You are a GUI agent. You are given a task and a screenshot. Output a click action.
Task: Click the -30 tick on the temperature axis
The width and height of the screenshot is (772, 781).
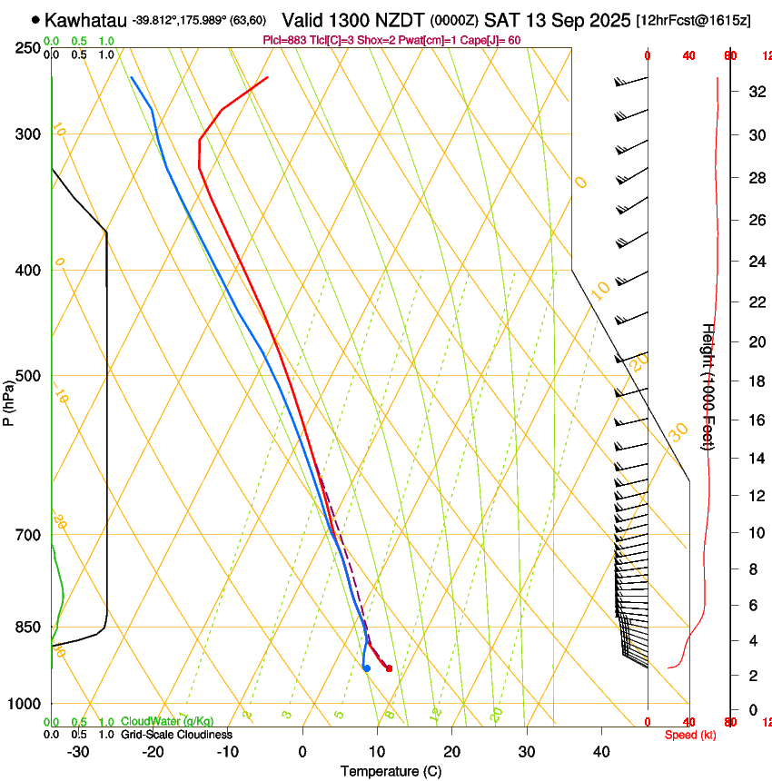(78, 751)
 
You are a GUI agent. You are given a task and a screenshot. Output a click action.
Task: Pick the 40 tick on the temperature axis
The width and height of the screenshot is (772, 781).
(601, 751)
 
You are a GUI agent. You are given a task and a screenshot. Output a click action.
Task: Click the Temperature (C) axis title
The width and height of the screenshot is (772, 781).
(391, 771)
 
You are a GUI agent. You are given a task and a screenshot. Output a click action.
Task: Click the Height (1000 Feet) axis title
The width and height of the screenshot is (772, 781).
(708, 386)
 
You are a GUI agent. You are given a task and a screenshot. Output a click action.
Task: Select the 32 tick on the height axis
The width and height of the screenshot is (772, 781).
(755, 92)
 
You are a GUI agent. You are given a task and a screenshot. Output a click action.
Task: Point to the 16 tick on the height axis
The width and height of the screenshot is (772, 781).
(755, 420)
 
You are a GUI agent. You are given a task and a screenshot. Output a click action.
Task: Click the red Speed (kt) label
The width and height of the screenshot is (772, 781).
(689, 735)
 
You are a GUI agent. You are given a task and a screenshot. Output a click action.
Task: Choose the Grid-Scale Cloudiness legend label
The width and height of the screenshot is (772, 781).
(176, 734)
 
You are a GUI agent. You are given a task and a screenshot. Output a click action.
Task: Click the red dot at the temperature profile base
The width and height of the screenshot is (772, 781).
(389, 668)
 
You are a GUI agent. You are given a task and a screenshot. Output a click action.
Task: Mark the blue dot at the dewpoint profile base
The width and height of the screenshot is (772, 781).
(366, 668)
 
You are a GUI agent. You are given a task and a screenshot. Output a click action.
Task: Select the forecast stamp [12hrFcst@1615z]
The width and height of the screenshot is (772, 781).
(693, 20)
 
